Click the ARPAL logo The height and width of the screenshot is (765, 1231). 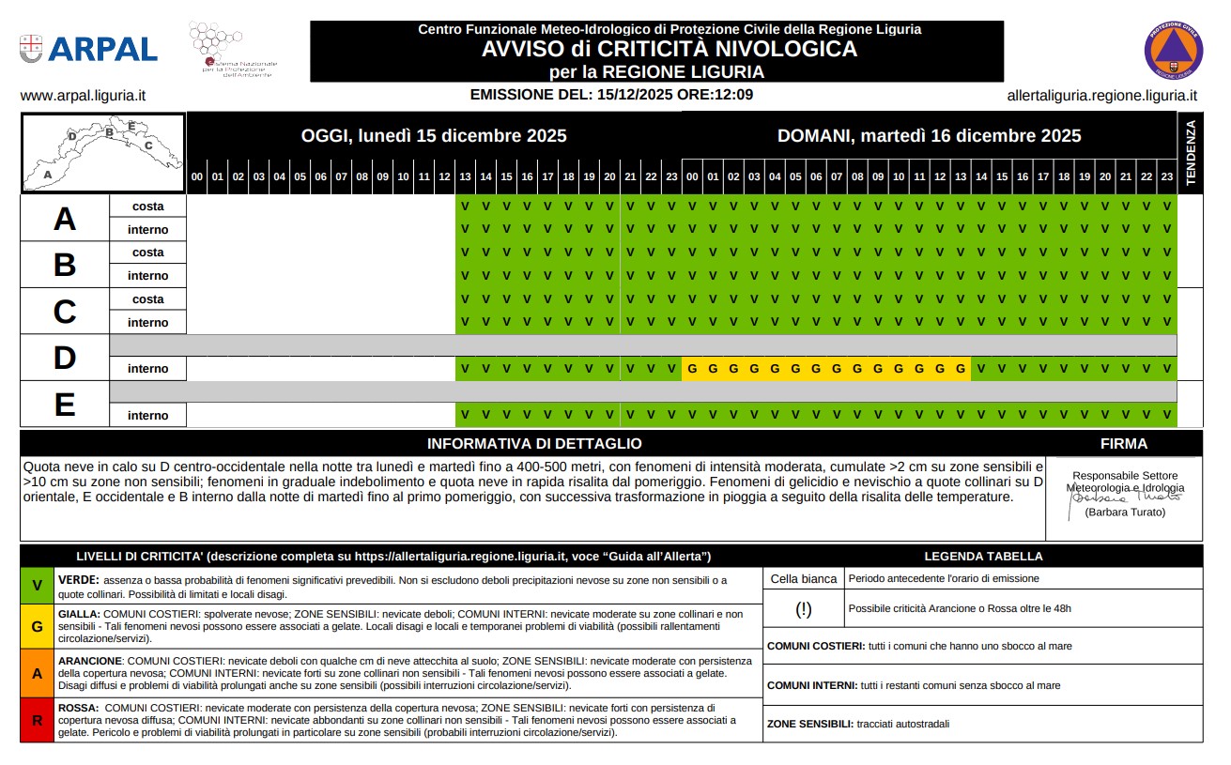88,49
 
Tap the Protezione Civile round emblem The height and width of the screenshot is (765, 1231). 1173,50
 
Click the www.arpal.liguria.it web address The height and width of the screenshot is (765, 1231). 83,96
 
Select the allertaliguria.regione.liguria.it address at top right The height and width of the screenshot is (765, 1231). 1101,96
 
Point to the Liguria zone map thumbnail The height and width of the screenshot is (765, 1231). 103,153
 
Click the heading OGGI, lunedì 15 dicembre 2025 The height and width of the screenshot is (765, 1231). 434,135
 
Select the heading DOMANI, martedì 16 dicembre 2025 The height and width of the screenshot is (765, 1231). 929,135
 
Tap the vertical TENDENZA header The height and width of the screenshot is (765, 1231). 1190,153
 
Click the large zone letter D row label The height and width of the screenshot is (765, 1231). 64,358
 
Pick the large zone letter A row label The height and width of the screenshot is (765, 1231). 64,219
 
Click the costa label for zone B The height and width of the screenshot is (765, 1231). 148,252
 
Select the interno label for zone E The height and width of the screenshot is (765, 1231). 148,416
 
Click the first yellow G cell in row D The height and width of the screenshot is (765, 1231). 692,369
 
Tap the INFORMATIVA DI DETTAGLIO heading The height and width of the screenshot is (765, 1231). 534,444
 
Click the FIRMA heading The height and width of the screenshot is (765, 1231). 1123,444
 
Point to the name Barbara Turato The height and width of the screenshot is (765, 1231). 1124,513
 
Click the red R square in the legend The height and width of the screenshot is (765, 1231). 37,721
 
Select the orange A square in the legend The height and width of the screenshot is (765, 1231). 37,673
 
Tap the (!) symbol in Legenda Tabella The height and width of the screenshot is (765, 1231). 804,608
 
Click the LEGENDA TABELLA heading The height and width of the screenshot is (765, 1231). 983,556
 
